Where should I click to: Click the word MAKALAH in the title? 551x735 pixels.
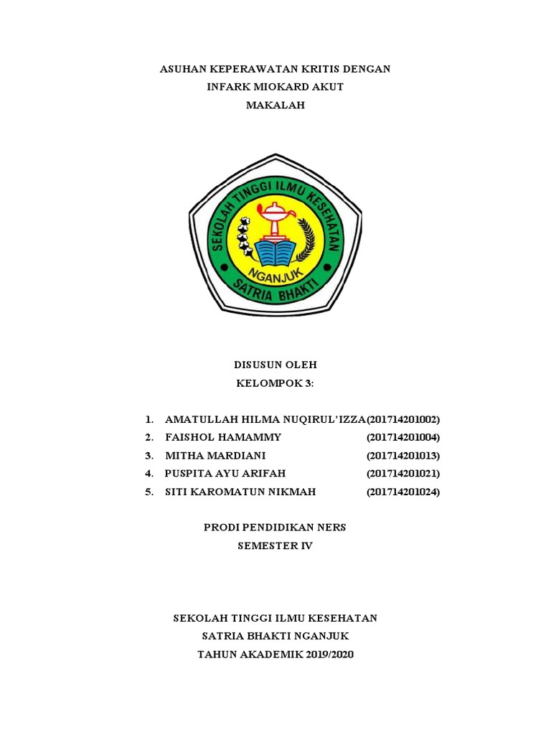275,106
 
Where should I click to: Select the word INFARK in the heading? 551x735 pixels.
228,88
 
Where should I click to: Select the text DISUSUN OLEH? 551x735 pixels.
275,365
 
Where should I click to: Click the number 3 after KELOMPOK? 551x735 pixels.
310,383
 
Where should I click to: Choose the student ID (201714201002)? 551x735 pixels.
403,419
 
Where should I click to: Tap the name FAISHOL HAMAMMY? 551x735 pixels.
223,437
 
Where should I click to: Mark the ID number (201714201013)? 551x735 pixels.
403,456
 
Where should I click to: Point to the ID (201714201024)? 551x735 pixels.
403,492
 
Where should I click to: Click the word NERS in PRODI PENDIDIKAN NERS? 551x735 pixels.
331,528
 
